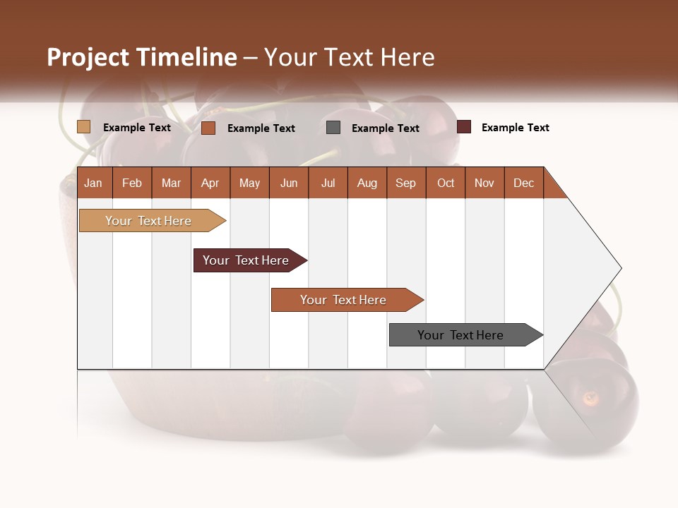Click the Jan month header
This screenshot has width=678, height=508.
pyautogui.click(x=93, y=183)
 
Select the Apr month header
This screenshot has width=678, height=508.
pyautogui.click(x=210, y=183)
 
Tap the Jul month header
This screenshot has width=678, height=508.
pyautogui.click(x=328, y=183)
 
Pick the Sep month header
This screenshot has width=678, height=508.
pyautogui.click(x=406, y=183)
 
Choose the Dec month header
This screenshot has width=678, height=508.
pyautogui.click(x=523, y=183)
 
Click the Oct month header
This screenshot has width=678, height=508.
pyautogui.click(x=446, y=183)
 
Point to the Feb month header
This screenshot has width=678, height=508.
pyautogui.click(x=132, y=183)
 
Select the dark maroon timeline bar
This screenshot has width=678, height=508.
pyautogui.click(x=247, y=260)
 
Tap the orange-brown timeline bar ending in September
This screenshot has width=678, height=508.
pyautogui.click(x=345, y=300)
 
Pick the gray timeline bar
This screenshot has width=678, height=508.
pyautogui.click(x=463, y=335)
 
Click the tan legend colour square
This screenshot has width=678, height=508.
pyautogui.click(x=84, y=127)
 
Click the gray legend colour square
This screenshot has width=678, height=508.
pyautogui.click(x=333, y=128)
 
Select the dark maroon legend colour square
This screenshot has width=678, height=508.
pyautogui.click(x=464, y=127)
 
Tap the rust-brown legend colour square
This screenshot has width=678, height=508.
pyautogui.click(x=208, y=128)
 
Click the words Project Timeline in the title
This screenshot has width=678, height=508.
pyautogui.click(x=142, y=57)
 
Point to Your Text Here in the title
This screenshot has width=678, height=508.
pyautogui.click(x=349, y=57)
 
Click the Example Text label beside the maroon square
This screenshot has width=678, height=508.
pyautogui.click(x=515, y=128)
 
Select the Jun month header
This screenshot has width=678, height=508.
pyautogui.click(x=289, y=183)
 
